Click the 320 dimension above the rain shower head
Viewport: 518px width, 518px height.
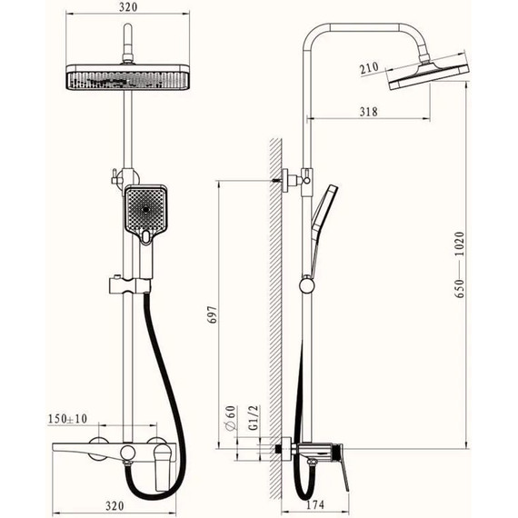pyautogui.click(x=128, y=7)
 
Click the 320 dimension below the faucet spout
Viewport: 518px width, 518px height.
pyautogui.click(x=115, y=506)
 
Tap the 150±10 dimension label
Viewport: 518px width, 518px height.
pyautogui.click(x=68, y=419)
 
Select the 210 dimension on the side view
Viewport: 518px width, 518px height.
pyautogui.click(x=369, y=68)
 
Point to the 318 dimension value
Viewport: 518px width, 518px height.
pyautogui.click(x=368, y=112)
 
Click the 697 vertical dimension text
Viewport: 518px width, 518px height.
pyautogui.click(x=214, y=314)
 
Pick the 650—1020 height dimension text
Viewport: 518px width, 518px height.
pyautogui.click(x=459, y=265)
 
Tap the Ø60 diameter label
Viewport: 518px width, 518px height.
pyautogui.click(x=231, y=418)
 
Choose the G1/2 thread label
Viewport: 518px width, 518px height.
pyautogui.click(x=254, y=418)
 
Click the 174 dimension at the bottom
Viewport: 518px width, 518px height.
pyautogui.click(x=315, y=504)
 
